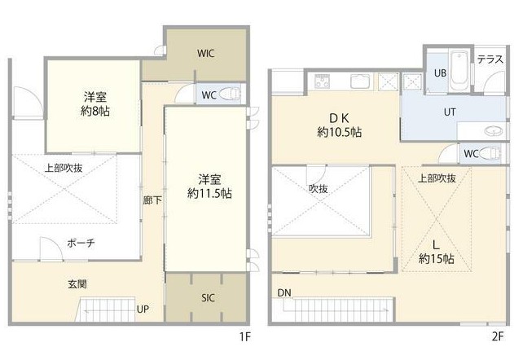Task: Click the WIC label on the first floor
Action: [206, 53]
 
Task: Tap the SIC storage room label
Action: [209, 298]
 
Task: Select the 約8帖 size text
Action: [95, 112]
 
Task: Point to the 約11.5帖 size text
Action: [209, 194]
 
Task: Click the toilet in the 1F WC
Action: [230, 94]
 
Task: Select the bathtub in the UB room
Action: [459, 71]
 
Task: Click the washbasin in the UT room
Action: [494, 131]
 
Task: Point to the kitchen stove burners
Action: [323, 81]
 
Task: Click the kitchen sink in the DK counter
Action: [360, 81]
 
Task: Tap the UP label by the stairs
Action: [143, 309]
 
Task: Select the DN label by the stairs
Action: [284, 293]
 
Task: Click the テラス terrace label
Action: [490, 59]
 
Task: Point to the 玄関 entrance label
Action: [77, 284]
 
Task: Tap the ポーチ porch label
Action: [81, 243]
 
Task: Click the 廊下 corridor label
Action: [152, 200]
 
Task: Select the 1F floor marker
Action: [244, 336]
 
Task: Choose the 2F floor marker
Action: [498, 336]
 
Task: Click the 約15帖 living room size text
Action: [437, 259]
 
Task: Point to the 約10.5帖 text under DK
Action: [340, 132]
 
